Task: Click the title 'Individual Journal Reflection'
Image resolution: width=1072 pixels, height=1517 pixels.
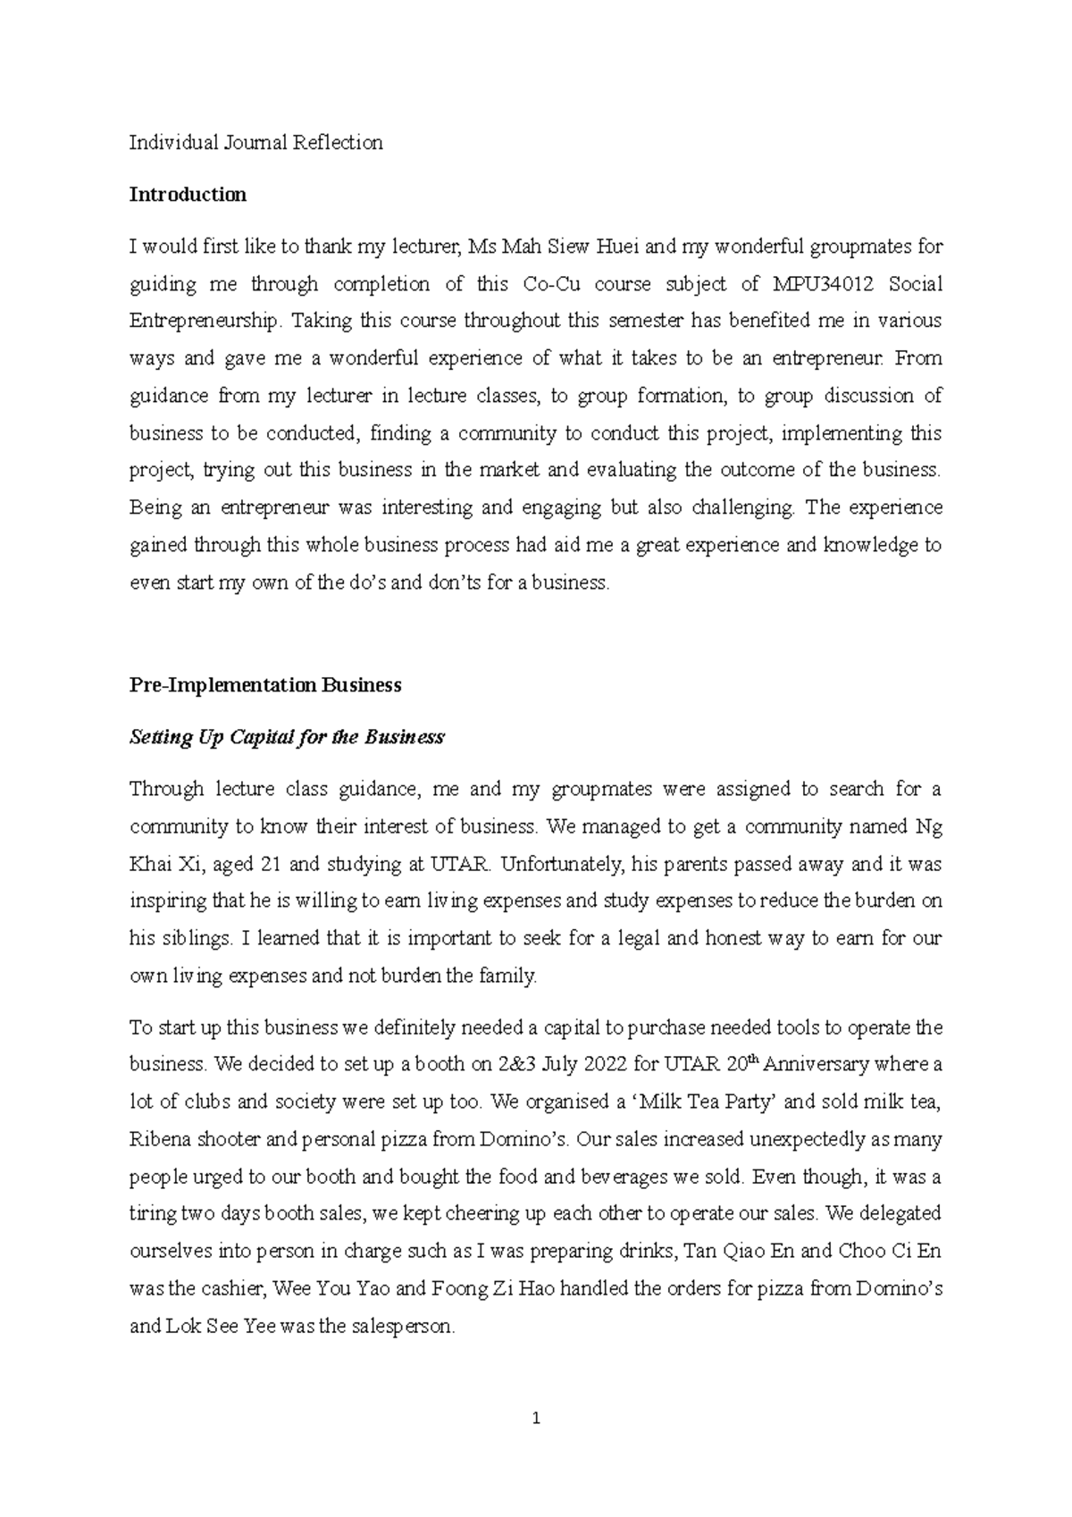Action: pyautogui.click(x=256, y=143)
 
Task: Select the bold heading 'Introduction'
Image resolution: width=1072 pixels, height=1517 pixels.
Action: pyautogui.click(x=188, y=195)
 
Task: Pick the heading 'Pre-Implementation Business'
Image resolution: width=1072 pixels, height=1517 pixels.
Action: pyautogui.click(x=265, y=685)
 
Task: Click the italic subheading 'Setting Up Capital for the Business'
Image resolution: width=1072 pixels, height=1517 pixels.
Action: pyautogui.click(x=287, y=737)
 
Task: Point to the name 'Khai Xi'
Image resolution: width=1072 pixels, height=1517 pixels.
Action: pyautogui.click(x=161, y=865)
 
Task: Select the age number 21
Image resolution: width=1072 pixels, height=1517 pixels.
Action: pyautogui.click(x=271, y=865)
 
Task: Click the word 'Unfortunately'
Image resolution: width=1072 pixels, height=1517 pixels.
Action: pyautogui.click(x=565, y=865)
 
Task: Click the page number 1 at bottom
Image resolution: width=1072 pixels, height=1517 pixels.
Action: pyautogui.click(x=536, y=1418)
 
